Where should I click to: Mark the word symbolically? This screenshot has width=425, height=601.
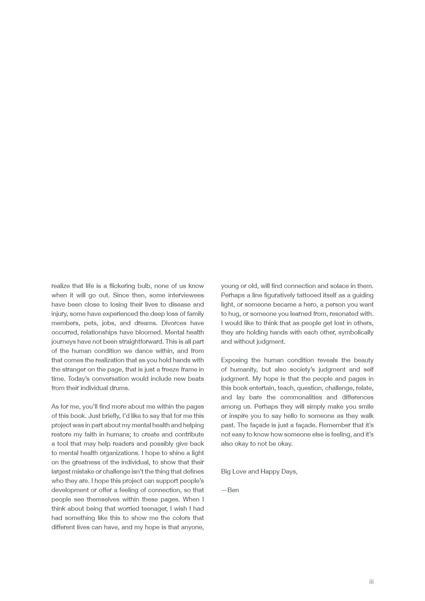click(x=356, y=332)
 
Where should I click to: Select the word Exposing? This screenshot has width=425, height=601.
click(x=234, y=360)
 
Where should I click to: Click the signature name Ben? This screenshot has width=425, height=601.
click(x=233, y=490)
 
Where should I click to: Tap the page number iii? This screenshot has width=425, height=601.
click(x=371, y=582)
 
